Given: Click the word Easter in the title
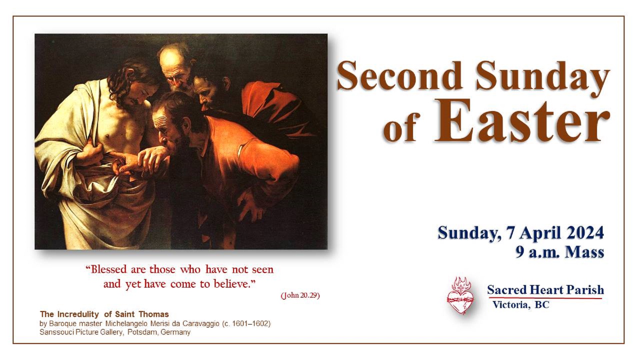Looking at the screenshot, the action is [x=522, y=121].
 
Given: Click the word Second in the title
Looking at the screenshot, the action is [x=399, y=76].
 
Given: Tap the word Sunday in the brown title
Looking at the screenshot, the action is [x=543, y=79].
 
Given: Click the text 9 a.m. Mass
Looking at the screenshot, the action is [x=560, y=252].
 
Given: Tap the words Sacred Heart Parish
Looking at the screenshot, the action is [x=545, y=290].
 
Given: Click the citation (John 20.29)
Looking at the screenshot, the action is [x=300, y=295].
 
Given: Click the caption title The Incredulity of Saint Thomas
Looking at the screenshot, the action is [x=104, y=314].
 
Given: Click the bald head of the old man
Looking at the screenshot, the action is [x=171, y=57].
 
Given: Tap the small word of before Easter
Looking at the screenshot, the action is [x=400, y=127].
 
